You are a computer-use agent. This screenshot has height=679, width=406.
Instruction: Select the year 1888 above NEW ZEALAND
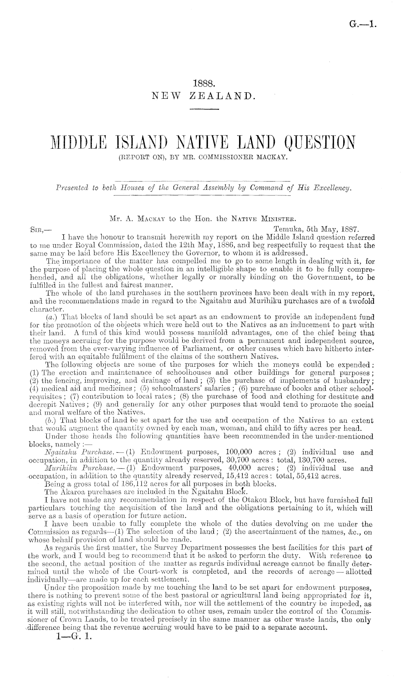click(203, 83)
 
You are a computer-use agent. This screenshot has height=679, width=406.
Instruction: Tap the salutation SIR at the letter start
click(37, 230)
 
